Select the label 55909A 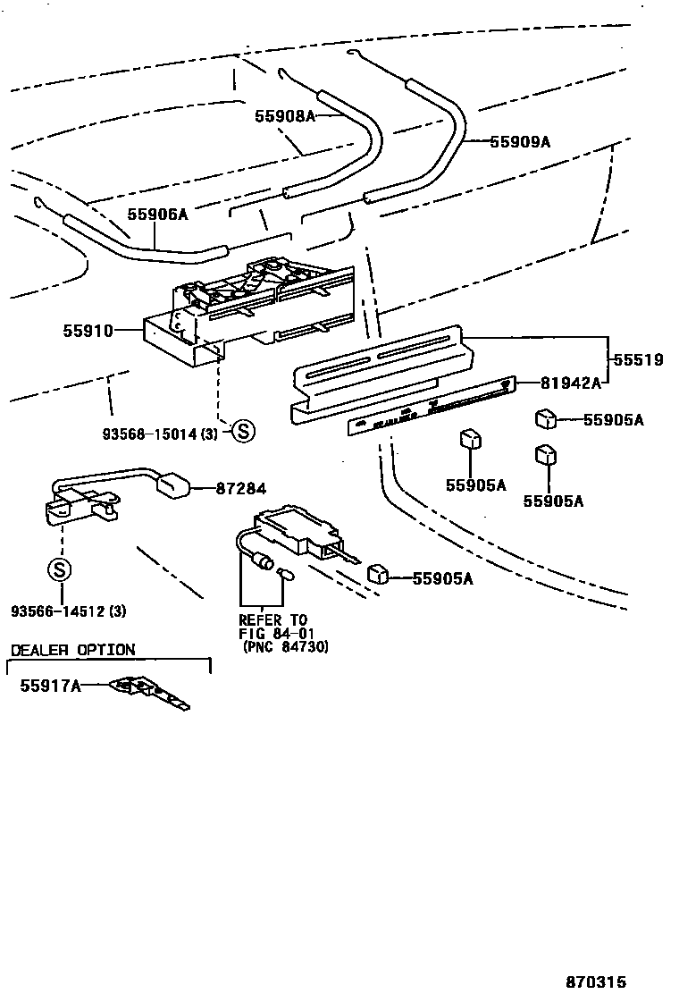[520, 141]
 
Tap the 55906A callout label [157, 214]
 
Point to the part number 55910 [88, 331]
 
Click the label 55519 [638, 360]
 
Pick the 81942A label [569, 383]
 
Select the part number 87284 [240, 488]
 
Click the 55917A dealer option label [50, 686]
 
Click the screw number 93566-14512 [68, 611]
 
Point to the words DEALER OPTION [72, 650]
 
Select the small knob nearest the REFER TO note [378, 572]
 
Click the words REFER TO [272, 619]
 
